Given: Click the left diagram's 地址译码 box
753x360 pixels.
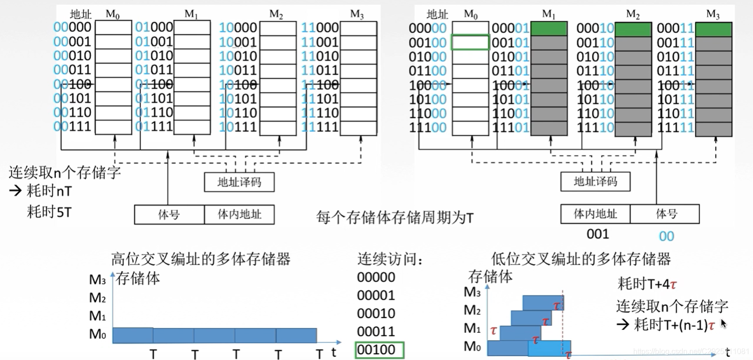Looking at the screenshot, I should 239,182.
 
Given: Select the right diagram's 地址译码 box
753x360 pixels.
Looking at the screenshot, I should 595,181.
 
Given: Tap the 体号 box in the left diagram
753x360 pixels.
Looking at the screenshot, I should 169,214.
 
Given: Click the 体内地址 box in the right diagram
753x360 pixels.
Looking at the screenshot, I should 595,214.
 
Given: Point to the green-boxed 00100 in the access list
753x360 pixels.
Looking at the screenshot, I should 379,350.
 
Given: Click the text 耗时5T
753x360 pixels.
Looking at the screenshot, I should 49,212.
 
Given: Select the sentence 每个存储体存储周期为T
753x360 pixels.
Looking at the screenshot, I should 395,217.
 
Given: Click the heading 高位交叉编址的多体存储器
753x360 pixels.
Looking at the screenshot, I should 200,259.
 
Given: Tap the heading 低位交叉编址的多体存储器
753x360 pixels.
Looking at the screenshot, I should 580,259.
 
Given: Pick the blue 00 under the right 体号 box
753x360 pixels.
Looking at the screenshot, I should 666,236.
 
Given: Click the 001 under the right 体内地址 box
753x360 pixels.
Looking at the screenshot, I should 597,234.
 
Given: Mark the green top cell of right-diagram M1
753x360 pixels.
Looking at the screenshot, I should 549,29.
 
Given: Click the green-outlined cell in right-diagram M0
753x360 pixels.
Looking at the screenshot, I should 470,42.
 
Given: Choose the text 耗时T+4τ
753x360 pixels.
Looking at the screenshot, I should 647,284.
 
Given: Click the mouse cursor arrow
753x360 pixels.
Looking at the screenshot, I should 723,323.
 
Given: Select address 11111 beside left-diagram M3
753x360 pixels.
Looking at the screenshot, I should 320,127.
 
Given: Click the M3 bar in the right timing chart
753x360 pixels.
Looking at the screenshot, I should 542,303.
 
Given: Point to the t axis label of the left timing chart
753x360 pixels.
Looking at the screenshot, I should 334,352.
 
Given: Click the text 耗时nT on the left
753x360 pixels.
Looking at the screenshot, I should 49,191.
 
